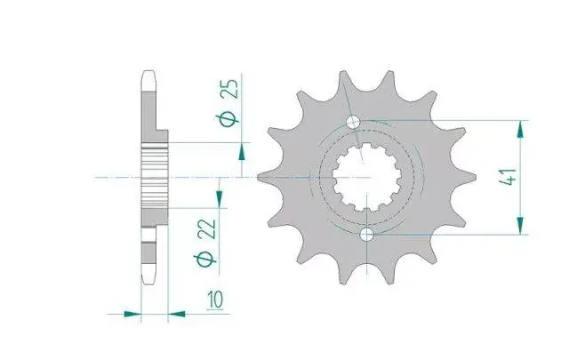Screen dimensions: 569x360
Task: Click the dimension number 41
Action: point(509,178)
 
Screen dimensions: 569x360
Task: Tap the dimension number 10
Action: point(215,300)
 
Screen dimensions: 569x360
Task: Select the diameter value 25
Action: point(231,89)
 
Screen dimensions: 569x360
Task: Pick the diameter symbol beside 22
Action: point(205,260)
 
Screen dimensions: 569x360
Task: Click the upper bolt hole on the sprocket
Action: point(353,122)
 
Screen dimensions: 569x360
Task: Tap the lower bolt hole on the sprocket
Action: point(367,235)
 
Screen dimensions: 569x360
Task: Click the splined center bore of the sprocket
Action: point(367,177)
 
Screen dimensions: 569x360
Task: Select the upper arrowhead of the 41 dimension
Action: point(520,129)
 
